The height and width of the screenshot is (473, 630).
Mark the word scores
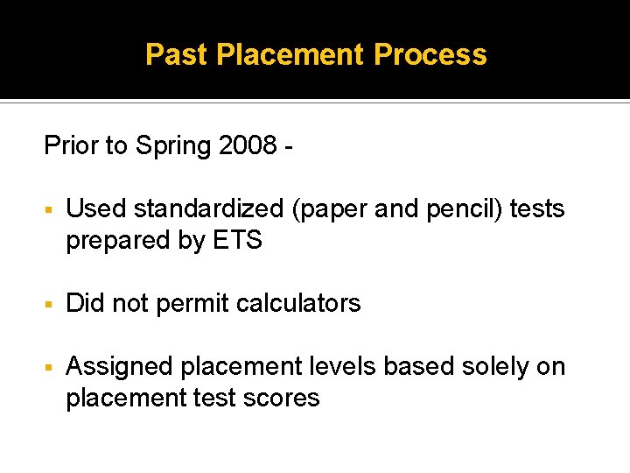pos(283,399)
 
